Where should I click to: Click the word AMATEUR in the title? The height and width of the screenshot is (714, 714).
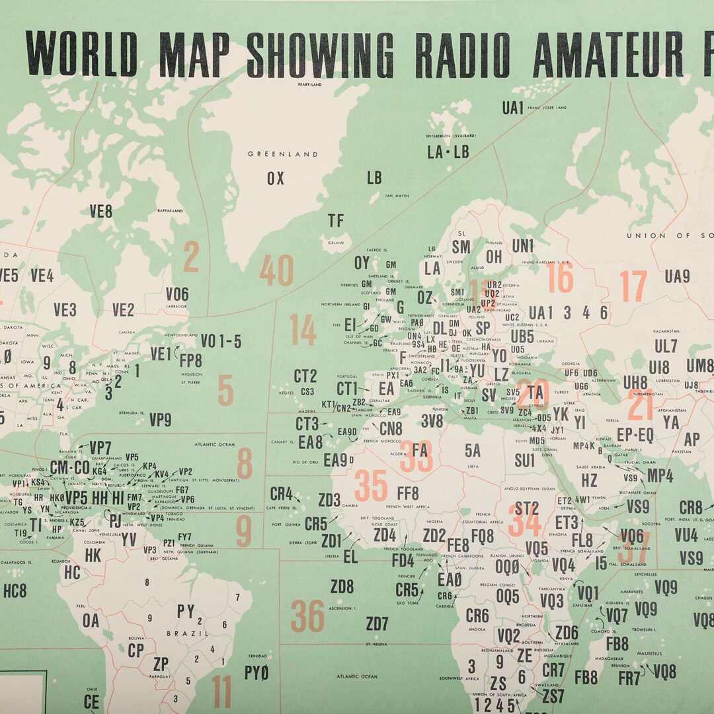click(608, 54)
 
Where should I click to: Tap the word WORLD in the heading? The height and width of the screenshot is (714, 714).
click(82, 54)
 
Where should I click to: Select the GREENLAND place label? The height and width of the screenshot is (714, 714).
click(283, 154)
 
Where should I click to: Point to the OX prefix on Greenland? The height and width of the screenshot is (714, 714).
click(276, 178)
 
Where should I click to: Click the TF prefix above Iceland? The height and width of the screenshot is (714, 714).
click(336, 221)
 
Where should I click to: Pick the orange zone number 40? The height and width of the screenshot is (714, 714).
click(276, 270)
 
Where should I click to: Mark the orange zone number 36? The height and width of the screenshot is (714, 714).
click(307, 616)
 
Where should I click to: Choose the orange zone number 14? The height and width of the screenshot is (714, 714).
click(303, 330)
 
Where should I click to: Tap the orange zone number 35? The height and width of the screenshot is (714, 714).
click(370, 486)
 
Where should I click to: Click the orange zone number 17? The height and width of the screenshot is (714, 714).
click(633, 287)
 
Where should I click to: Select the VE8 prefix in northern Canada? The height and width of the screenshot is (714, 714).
click(101, 212)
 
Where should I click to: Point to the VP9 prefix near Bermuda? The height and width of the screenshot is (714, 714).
click(160, 420)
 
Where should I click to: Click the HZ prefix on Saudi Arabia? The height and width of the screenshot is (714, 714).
click(589, 480)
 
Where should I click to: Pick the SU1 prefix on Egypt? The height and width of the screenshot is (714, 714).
click(524, 460)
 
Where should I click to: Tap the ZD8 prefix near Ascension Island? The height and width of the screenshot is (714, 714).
click(342, 586)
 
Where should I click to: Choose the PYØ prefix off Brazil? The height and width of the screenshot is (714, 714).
click(257, 674)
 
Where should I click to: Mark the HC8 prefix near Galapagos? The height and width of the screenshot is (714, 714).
click(15, 590)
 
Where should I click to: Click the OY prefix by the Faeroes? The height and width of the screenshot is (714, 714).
click(362, 263)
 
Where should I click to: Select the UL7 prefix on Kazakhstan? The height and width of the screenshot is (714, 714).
click(666, 346)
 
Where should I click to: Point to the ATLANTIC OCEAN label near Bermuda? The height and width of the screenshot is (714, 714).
click(215, 444)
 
